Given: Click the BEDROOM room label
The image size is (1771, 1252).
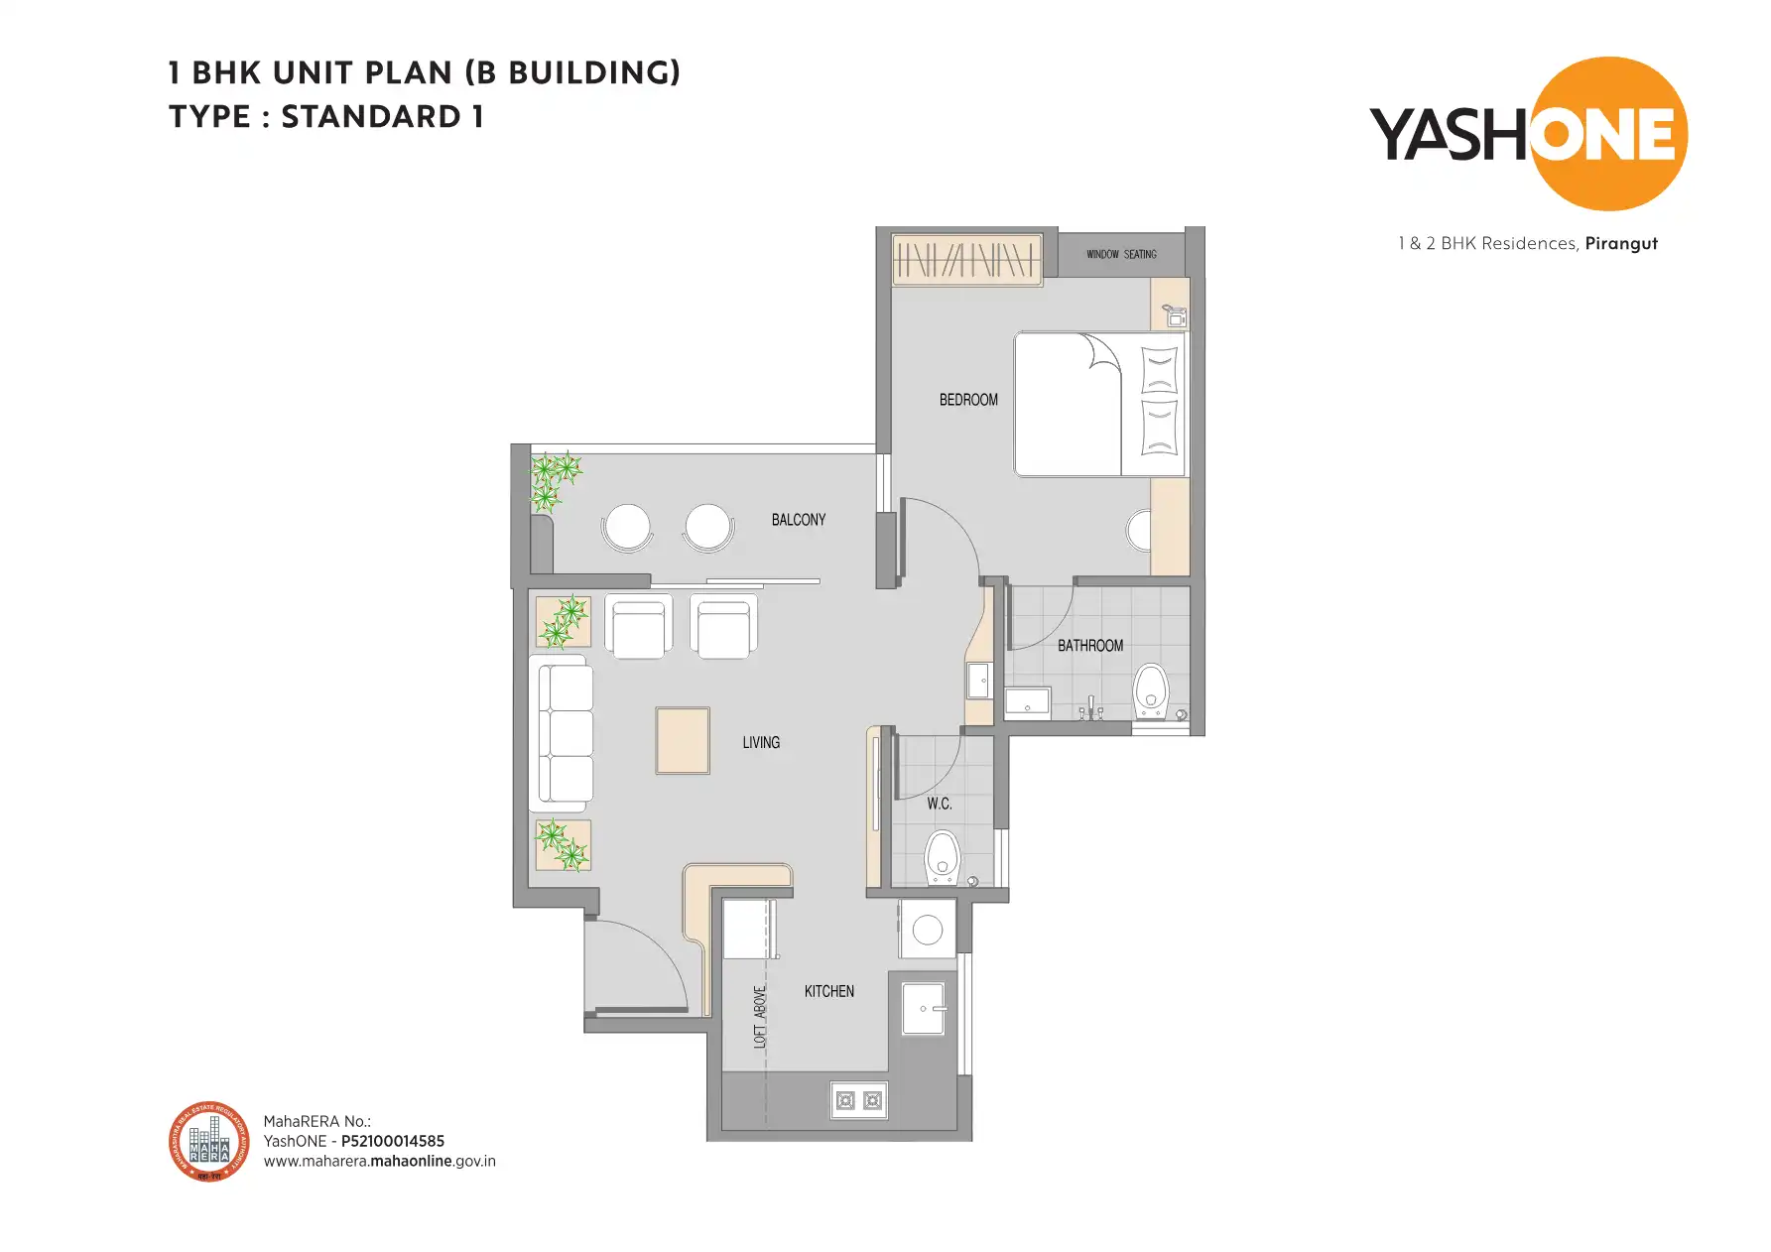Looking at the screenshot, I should coord(968,400).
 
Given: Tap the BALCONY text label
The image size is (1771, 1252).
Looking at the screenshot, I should coord(798,520).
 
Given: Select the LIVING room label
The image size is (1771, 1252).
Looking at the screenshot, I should coord(761,742).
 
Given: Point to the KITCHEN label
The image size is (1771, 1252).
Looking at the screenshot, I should coord(828,991).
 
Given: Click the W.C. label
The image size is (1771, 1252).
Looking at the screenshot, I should coord(939,804).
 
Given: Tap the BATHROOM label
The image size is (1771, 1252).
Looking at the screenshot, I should coord(1089,646).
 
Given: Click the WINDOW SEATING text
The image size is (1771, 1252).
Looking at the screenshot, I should coord(1121,255).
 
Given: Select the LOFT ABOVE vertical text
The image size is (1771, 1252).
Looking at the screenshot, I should coord(761,1017).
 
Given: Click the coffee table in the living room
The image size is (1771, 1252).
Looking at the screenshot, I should coord(683,740).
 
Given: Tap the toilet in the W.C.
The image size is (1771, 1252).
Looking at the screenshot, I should coord(942,858).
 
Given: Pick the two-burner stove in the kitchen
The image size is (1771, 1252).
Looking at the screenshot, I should coord(858,1100).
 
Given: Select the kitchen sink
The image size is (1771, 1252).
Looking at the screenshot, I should coord(923,1009).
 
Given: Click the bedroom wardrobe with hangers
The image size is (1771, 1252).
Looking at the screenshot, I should coord(966,260).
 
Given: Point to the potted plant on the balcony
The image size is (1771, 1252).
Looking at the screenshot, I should coord(552,481).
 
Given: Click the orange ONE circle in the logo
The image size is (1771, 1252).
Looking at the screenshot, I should coord(1608,134).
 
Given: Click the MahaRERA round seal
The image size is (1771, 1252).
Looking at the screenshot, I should coord(208,1142).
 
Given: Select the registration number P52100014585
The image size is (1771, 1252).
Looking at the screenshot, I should coord(392,1141).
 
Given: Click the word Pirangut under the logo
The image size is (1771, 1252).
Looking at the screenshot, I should coord(1620,244).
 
